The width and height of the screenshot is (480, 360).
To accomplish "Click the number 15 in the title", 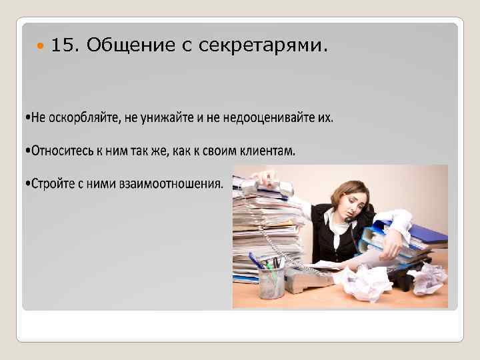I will tap(65, 45).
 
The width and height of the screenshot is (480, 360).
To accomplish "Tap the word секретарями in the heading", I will tap(271, 45).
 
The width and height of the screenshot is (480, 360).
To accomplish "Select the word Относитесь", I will tap(64, 150).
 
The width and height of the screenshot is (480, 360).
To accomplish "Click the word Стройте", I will tap(53, 182).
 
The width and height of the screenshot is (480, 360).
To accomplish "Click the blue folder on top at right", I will tap(427, 233).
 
